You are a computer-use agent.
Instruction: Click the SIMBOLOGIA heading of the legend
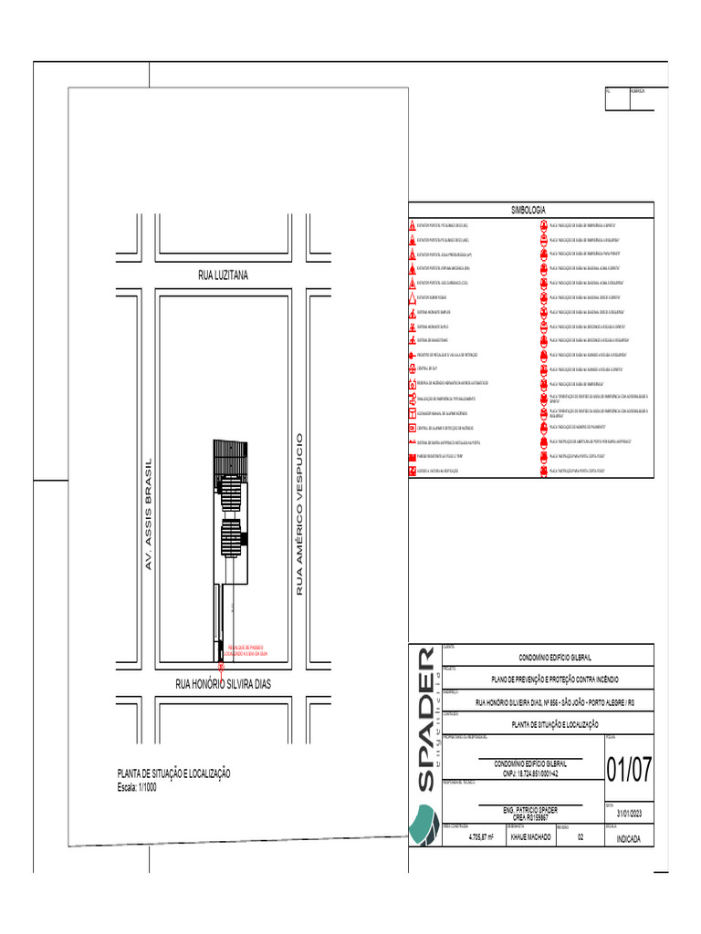528,210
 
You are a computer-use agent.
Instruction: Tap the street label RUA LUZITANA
223,275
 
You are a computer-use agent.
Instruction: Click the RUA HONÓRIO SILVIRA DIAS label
224,683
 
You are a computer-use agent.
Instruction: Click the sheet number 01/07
629,770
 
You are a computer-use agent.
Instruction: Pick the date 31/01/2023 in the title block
629,814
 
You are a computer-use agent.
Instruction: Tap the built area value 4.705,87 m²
481,836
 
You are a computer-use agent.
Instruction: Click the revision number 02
580,836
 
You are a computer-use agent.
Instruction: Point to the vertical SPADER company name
425,721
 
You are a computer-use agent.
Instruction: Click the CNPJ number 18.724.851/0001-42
530,773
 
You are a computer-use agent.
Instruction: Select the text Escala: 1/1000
138,787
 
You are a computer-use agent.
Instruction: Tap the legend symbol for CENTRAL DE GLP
413,368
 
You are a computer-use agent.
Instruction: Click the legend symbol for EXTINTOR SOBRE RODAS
413,297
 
